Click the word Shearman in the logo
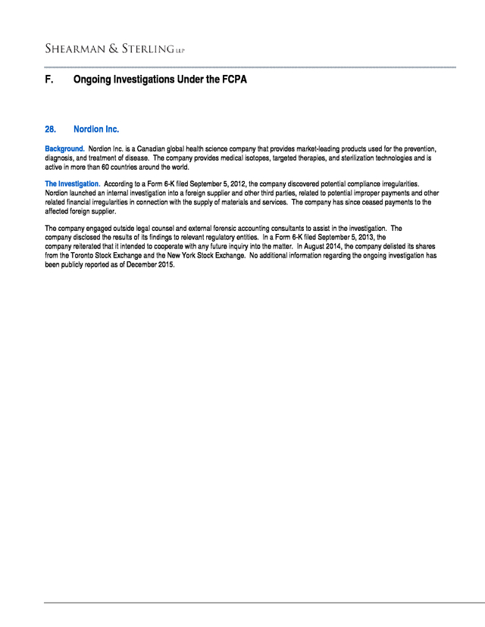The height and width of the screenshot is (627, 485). coord(74,49)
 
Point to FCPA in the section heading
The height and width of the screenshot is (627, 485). coord(233,79)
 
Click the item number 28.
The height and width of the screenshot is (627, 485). coord(51,129)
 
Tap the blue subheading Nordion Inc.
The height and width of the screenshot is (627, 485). coord(96,129)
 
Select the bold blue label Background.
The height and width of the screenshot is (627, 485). coord(64,148)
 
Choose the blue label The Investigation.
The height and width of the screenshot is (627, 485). coord(72,184)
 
